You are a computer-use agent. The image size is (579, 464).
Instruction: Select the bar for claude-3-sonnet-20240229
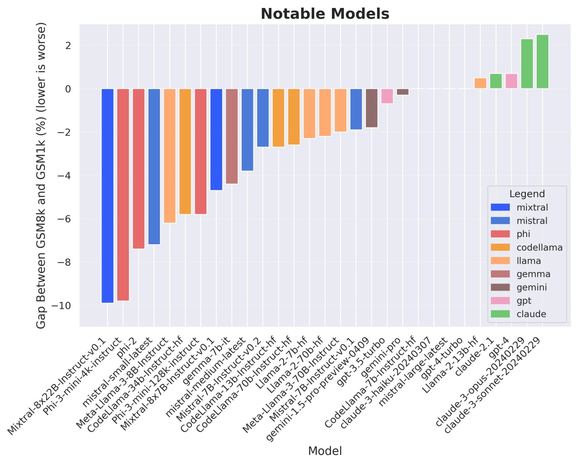point(542,62)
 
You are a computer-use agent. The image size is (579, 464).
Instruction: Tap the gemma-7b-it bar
point(232,136)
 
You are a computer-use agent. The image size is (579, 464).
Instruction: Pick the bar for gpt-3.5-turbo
point(387,96)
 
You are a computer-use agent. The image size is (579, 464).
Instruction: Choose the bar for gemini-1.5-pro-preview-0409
point(371,108)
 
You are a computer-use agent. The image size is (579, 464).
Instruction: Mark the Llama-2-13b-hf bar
point(480,83)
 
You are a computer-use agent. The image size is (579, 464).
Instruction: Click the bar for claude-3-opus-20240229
point(527,64)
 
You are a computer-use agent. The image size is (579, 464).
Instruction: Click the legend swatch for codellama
point(500,248)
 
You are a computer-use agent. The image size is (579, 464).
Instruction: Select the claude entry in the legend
point(531,314)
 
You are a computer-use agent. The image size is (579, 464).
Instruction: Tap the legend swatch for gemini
point(500,287)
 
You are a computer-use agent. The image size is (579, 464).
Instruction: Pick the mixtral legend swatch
point(500,207)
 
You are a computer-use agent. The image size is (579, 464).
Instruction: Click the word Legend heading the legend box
point(527,194)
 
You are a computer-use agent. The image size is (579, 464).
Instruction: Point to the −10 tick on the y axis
point(62,306)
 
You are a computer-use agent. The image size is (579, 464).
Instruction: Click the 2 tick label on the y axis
point(68,45)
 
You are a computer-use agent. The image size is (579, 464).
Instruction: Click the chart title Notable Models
point(325,14)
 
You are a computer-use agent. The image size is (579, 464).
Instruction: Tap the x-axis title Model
point(325,451)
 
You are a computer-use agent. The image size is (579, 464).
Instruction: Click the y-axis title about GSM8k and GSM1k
point(41,176)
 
